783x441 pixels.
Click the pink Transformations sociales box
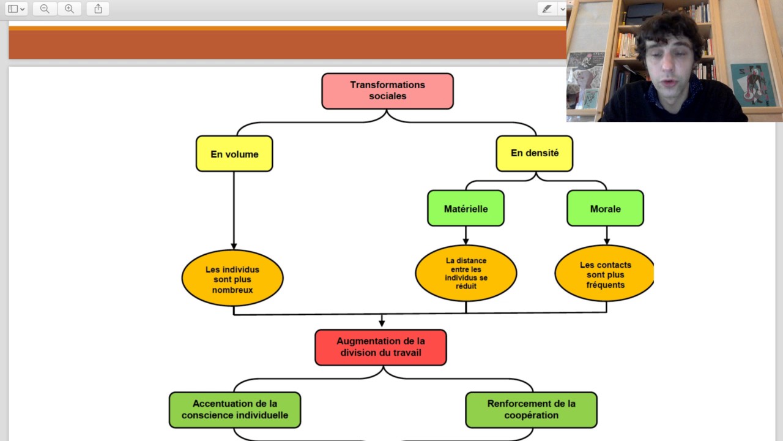click(387, 91)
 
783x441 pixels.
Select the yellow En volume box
click(234, 154)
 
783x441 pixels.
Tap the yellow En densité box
click(534, 153)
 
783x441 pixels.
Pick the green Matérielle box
click(466, 208)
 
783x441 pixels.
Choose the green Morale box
click(605, 208)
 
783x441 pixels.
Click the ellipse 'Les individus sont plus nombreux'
click(232, 279)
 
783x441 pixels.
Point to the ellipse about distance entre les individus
click(466, 273)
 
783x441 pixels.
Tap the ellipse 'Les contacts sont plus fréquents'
click(604, 274)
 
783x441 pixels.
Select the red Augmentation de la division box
click(380, 347)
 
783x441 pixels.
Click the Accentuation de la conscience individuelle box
click(235, 410)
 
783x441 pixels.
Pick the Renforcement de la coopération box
click(531, 410)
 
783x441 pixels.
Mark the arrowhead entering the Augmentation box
click(382, 323)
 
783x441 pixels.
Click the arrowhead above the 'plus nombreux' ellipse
click(234, 246)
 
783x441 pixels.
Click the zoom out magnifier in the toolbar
click(45, 9)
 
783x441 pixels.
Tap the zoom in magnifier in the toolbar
click(69, 9)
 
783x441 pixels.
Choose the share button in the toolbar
click(98, 9)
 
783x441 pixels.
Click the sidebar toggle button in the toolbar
click(16, 9)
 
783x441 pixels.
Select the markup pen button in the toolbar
click(547, 9)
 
